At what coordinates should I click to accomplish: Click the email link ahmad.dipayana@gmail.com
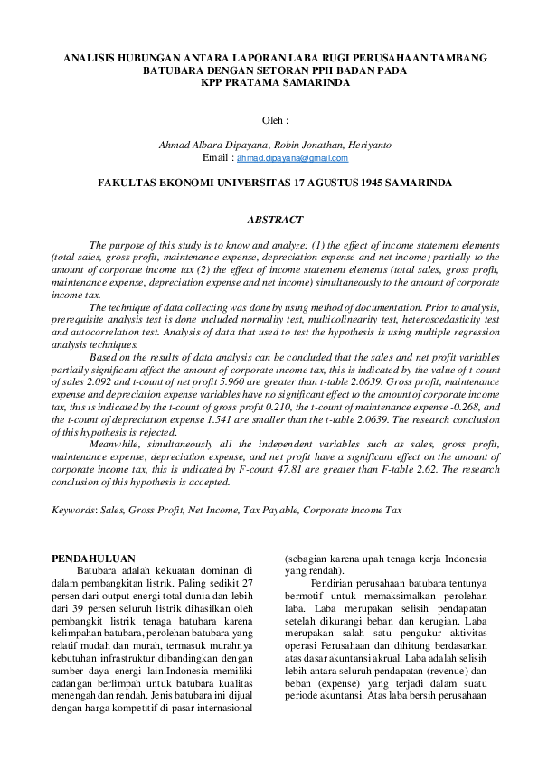[x=292, y=158]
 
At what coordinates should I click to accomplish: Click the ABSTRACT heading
[x=275, y=220]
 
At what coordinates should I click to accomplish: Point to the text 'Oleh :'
[x=275, y=119]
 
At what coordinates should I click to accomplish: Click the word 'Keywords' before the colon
[x=73, y=510]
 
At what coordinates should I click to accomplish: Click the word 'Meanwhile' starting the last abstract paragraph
[x=116, y=446]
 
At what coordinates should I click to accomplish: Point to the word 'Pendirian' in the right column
[x=331, y=583]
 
